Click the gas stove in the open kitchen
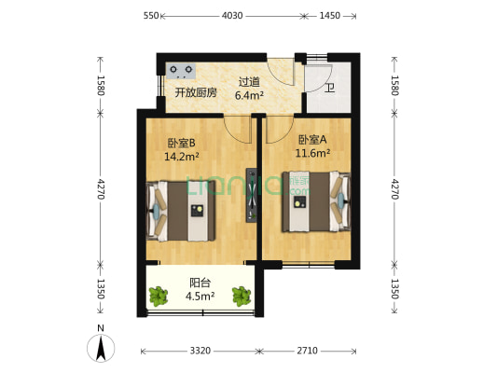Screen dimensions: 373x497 [x=182, y=69]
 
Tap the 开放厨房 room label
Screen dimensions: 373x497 [x=196, y=92]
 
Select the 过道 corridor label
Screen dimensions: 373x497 [x=248, y=81]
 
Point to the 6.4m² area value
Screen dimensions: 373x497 [x=249, y=94]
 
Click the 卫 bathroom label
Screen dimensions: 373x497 [x=329, y=89]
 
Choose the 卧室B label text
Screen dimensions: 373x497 [x=181, y=144]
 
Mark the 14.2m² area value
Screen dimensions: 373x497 [x=181, y=157]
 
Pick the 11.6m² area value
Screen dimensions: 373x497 [x=311, y=153]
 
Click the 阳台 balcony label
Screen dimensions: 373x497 [x=199, y=283]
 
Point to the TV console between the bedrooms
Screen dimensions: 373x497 [x=250, y=194]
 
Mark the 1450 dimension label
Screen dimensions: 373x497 [x=329, y=16]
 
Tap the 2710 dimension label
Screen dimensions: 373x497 [x=309, y=352]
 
